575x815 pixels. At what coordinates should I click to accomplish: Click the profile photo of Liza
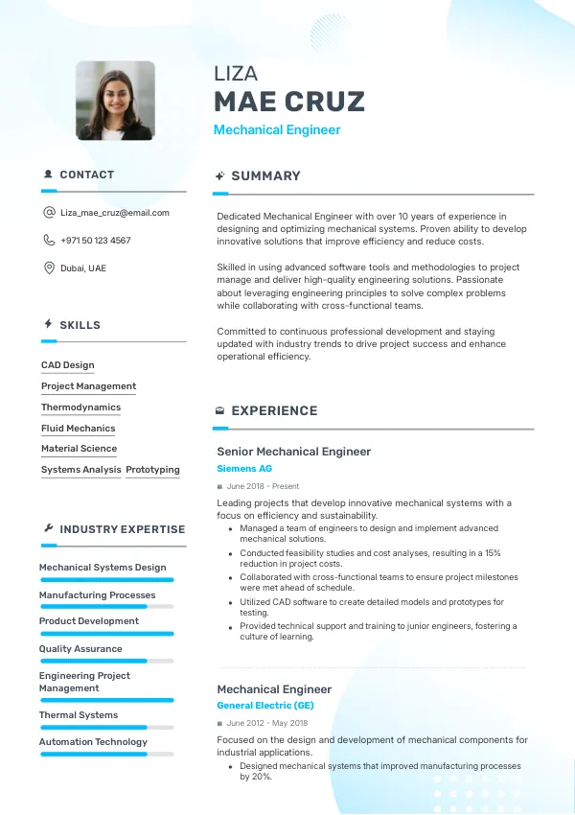[115, 101]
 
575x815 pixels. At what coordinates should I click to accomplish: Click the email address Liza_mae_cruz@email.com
[114, 213]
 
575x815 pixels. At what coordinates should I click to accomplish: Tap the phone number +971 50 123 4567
[95, 241]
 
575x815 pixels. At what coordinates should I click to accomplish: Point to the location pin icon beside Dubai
[49, 268]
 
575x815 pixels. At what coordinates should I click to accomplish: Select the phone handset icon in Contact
[49, 241]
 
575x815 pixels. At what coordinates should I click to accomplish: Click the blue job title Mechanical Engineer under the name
[277, 130]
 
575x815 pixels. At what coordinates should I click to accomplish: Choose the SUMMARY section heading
[265, 176]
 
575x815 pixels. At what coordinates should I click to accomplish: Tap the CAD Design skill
[67, 365]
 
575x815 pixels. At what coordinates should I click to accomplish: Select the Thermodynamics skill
[80, 407]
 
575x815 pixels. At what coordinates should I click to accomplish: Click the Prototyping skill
[152, 470]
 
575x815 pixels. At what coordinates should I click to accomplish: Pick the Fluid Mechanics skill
[78, 429]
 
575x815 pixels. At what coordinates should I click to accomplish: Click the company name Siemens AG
[244, 469]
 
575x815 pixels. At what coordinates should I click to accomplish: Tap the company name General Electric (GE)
[264, 706]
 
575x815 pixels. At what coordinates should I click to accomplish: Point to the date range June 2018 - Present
[263, 486]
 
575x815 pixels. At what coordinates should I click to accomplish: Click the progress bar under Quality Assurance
[105, 661]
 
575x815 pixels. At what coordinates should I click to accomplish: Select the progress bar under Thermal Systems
[105, 727]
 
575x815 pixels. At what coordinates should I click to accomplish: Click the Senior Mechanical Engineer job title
[293, 452]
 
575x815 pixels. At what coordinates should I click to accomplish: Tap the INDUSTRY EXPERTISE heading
[122, 529]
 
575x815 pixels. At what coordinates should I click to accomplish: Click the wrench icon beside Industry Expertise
[48, 528]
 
